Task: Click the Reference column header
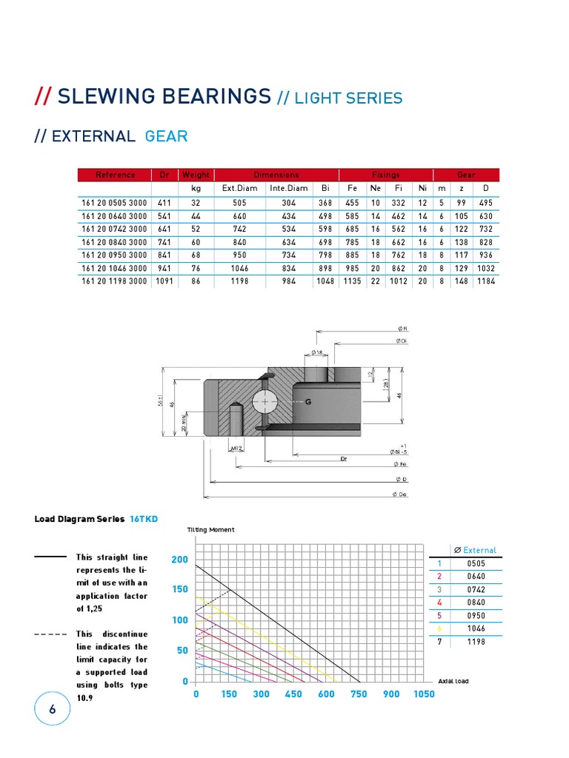pyautogui.click(x=115, y=175)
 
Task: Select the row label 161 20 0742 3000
pyautogui.click(x=114, y=229)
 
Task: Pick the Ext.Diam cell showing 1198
pyautogui.click(x=239, y=282)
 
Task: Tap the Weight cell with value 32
pyautogui.click(x=196, y=202)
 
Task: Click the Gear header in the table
pyautogui.click(x=466, y=175)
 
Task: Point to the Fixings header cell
pyautogui.click(x=385, y=175)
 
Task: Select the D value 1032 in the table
pyautogui.click(x=485, y=269)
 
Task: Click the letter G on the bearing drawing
pyautogui.click(x=308, y=402)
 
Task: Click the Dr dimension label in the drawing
pyautogui.click(x=344, y=459)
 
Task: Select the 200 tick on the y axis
pyautogui.click(x=179, y=560)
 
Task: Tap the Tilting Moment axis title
pyautogui.click(x=211, y=530)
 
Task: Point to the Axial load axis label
pyautogui.click(x=453, y=681)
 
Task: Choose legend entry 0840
pyautogui.click(x=476, y=602)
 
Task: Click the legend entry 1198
pyautogui.click(x=476, y=642)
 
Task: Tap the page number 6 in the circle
pyautogui.click(x=52, y=709)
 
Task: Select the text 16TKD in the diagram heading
pyautogui.click(x=144, y=519)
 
